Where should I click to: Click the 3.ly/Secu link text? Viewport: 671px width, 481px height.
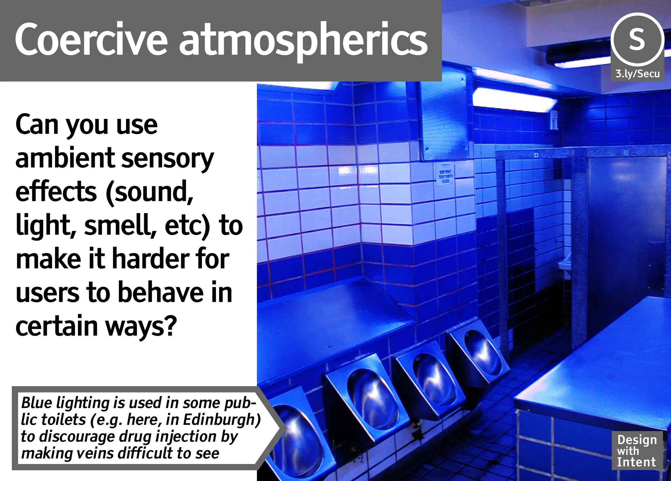(x=637, y=74)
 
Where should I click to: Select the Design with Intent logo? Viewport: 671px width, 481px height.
(x=637, y=451)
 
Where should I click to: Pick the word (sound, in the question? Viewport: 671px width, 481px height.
(x=149, y=192)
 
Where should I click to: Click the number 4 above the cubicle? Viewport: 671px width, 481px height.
(x=536, y=155)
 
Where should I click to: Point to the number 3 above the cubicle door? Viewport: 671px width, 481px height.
(x=625, y=153)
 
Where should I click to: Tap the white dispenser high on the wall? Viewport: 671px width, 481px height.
(x=554, y=120)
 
